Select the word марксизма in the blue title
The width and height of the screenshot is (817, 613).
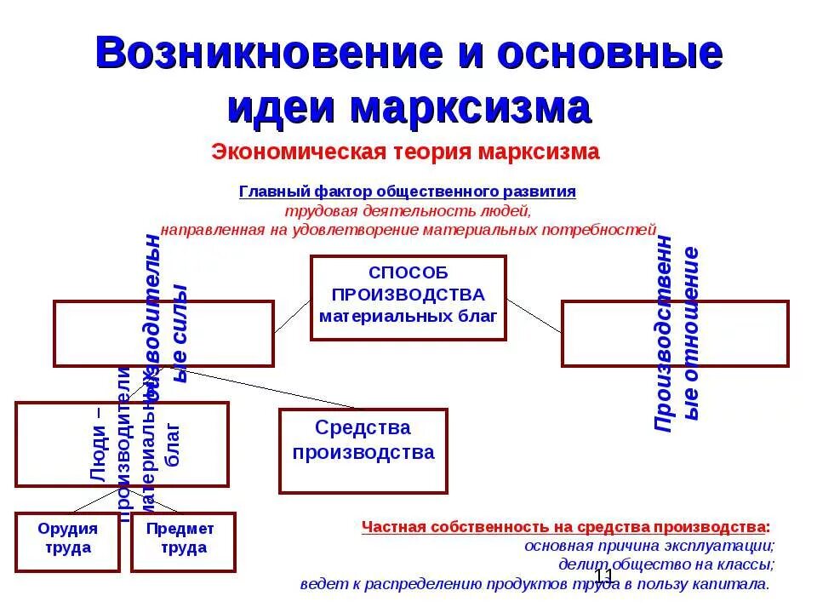tap(470, 108)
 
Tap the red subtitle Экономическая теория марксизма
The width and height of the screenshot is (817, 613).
tap(406, 152)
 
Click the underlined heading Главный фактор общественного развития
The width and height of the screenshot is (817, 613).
tap(408, 192)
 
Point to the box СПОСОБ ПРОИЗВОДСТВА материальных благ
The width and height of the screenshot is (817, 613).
tap(408, 297)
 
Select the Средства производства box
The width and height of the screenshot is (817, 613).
tap(363, 450)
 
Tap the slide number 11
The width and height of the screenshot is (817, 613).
tap(603, 576)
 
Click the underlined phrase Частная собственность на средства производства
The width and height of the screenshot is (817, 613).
tap(565, 526)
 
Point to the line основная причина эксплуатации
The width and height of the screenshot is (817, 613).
tap(648, 546)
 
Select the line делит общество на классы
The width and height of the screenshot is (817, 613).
tap(666, 564)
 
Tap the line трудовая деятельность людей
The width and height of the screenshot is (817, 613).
tap(408, 210)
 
